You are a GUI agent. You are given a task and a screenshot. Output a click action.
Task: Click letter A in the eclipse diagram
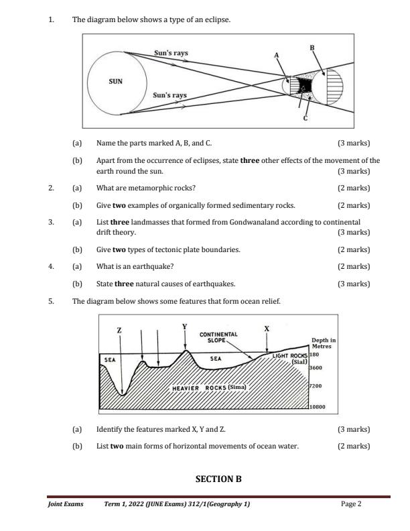pos(275,54)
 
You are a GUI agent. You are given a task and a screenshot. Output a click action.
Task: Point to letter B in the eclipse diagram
pos(312,48)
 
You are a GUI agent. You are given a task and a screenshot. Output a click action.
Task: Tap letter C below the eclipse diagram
pos(305,119)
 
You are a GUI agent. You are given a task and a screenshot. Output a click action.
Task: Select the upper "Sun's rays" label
pos(171,52)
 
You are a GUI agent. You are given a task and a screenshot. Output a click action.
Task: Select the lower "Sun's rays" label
pos(169,95)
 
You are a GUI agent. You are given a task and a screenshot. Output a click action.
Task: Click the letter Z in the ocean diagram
pos(119,331)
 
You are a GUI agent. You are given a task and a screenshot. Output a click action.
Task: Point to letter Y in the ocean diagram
pos(184,327)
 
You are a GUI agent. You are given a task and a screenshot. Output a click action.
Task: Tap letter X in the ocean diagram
pos(267,329)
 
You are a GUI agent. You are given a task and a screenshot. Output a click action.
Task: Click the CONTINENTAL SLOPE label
pos(218,337)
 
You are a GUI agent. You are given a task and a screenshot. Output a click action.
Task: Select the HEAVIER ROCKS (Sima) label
pos(209,388)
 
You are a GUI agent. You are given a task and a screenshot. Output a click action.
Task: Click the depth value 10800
pos(317,407)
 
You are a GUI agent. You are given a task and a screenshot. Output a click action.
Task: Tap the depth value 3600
pos(315,367)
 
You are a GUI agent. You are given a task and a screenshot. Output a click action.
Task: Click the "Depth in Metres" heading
pos(324,343)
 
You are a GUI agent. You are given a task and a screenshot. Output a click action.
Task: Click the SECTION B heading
pos(218,479)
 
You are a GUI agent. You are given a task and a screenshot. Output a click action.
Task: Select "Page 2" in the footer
pos(351,504)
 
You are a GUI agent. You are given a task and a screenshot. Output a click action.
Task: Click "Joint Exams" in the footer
pos(66,504)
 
